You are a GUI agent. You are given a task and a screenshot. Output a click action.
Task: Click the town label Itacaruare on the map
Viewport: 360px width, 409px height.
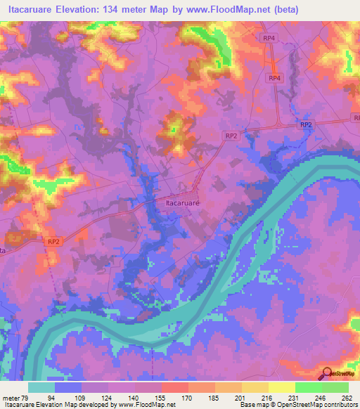(x=182, y=202)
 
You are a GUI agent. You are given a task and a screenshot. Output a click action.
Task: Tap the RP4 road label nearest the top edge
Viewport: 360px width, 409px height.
(x=268, y=37)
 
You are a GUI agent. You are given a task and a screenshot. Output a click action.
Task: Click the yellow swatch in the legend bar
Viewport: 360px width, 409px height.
(x=282, y=387)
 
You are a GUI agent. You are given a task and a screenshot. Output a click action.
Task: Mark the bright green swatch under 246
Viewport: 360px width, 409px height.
(x=309, y=387)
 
